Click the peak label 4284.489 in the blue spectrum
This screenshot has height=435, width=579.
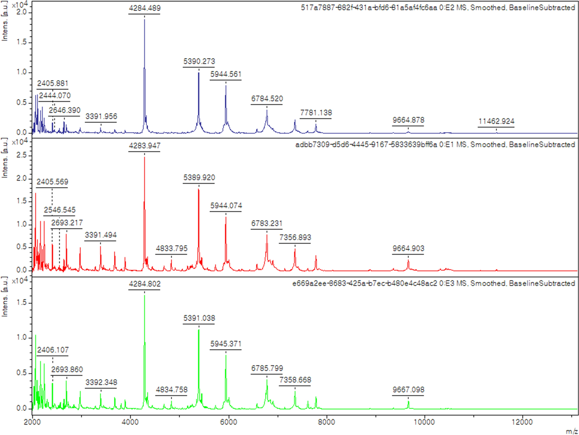coord(145,8)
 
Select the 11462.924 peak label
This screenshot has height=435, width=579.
coord(496,121)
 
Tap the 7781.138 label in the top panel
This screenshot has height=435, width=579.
coord(316,113)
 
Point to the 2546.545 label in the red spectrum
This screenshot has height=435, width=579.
coord(60,210)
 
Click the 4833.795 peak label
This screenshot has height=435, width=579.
coord(172,248)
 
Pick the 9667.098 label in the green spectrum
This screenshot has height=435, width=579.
coord(408,390)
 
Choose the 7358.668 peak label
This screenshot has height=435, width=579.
coord(295,380)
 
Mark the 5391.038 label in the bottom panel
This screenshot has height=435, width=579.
coord(199,318)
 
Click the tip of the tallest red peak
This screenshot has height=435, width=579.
coord(144,157)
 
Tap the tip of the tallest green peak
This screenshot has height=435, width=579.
coord(144,295)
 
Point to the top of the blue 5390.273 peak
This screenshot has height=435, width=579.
coord(199,73)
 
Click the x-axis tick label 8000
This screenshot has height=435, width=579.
coord(327,422)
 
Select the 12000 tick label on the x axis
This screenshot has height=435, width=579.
coord(522,422)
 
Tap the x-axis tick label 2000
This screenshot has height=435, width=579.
coord(32,422)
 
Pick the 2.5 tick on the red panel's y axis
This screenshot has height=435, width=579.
coord(21,155)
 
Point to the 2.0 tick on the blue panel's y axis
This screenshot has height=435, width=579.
coord(21,12)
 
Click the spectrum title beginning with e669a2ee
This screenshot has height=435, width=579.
coord(434,283)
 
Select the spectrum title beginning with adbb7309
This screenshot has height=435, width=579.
coord(435,145)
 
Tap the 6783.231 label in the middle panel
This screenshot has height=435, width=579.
coord(267,223)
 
